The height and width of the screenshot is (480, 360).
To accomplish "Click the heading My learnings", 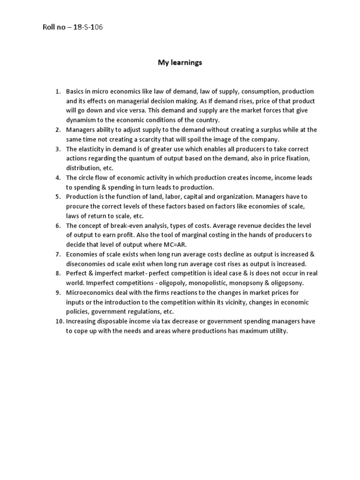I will tap(180, 62).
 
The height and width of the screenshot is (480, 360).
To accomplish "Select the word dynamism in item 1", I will tap(80, 120).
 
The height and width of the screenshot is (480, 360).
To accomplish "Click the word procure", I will tap(77, 206).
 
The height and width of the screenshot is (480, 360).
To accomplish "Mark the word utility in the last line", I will tap(276, 331).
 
